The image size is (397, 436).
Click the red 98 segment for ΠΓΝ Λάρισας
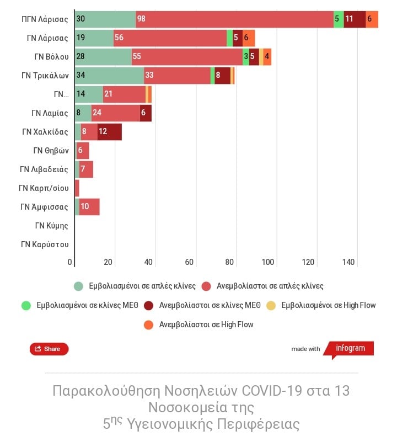tap(234, 19)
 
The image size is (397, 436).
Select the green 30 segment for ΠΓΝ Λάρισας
tap(105, 19)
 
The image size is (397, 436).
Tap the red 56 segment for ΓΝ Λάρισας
tap(170, 38)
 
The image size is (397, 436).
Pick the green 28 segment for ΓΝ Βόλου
tap(103, 56)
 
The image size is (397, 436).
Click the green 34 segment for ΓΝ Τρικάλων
tap(109, 75)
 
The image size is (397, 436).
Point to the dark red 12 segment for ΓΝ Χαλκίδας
tap(109, 132)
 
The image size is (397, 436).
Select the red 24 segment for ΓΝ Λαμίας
tap(115, 113)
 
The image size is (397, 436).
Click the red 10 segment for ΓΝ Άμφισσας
tap(89, 207)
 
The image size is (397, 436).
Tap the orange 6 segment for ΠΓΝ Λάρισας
tap(372, 19)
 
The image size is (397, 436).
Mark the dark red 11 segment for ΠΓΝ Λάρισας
tap(355, 19)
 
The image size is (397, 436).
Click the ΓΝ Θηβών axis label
tap(51, 151)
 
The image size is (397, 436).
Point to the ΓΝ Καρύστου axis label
tap(45, 244)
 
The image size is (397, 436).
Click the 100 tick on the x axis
tap(269, 262)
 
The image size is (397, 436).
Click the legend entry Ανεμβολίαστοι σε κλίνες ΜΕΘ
tap(203, 305)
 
